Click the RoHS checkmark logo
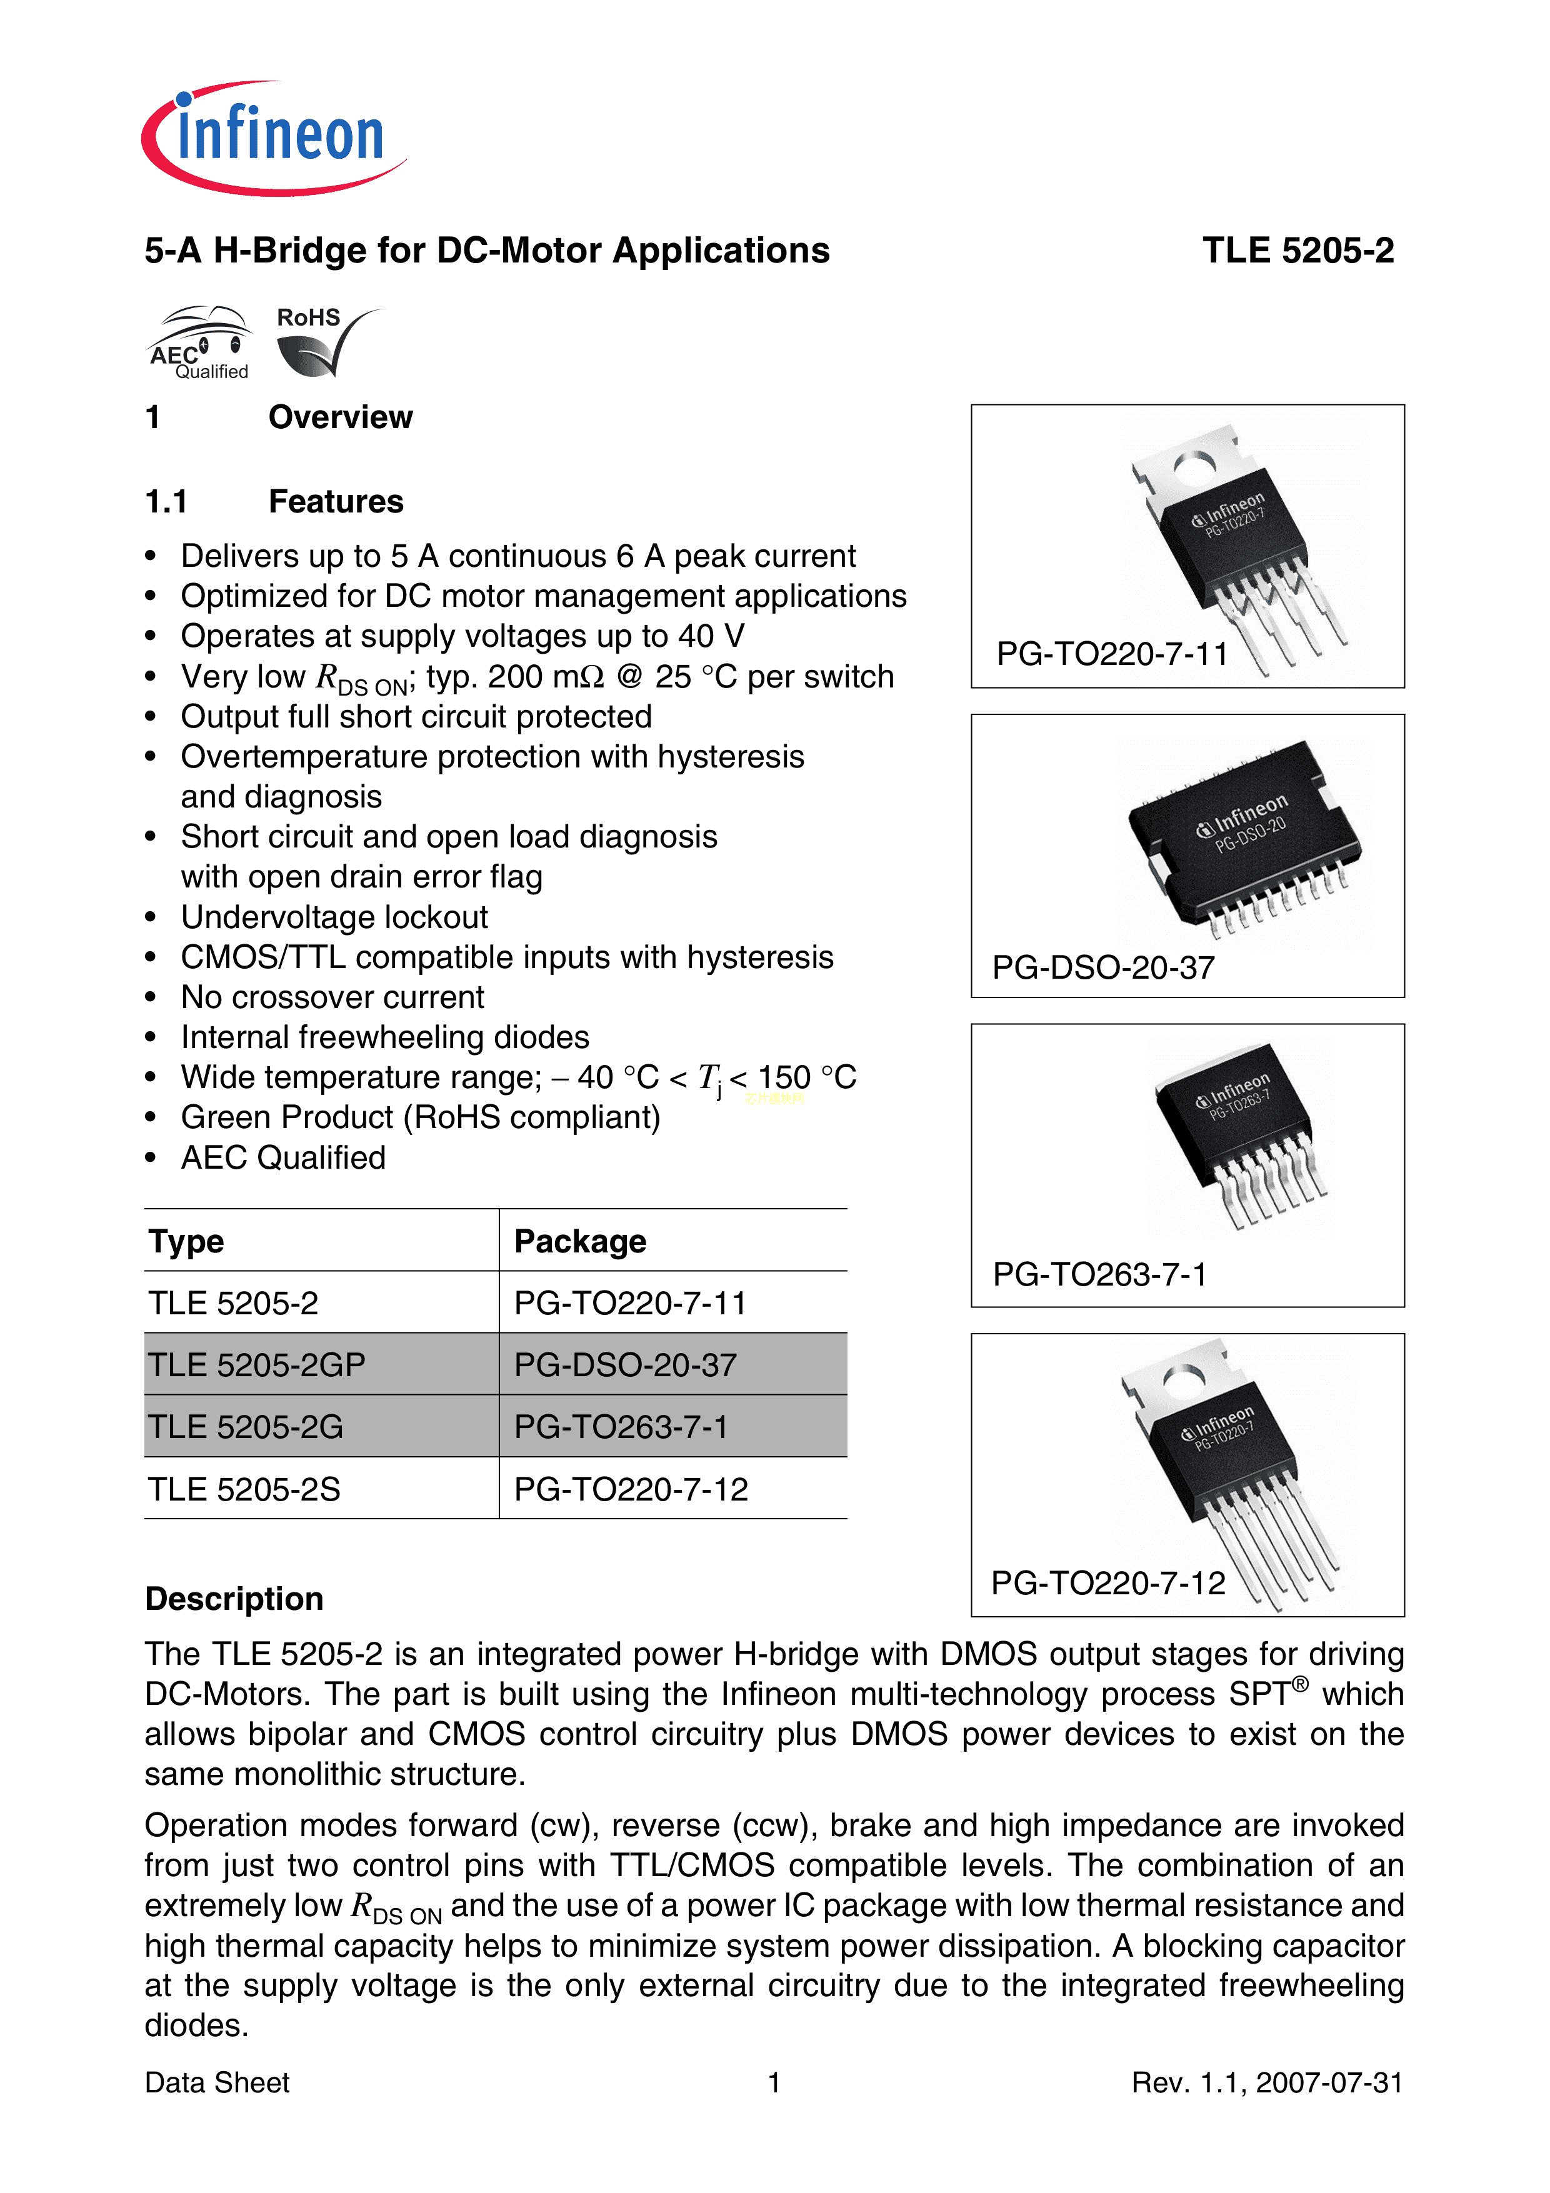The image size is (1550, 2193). tap(325, 341)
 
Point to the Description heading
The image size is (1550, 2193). tap(234, 1599)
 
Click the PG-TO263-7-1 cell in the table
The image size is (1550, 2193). tap(621, 1427)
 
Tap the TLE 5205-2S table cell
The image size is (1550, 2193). tap(244, 1489)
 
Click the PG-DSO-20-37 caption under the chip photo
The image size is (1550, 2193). tap(1103, 967)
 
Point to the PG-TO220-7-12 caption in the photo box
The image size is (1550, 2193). tap(1108, 1582)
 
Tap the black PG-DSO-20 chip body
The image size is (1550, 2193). tap(1241, 831)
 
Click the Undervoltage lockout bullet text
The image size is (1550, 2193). tap(334, 917)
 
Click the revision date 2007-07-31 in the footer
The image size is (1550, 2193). tap(1328, 2082)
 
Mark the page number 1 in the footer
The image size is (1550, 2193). tap(774, 2082)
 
